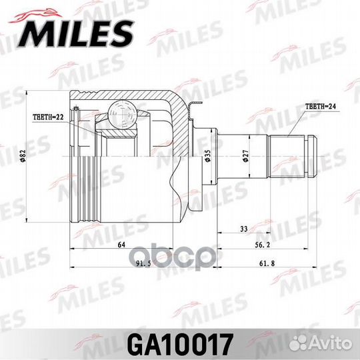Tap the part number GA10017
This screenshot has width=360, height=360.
coord(180,345)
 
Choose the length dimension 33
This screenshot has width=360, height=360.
coord(244,229)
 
